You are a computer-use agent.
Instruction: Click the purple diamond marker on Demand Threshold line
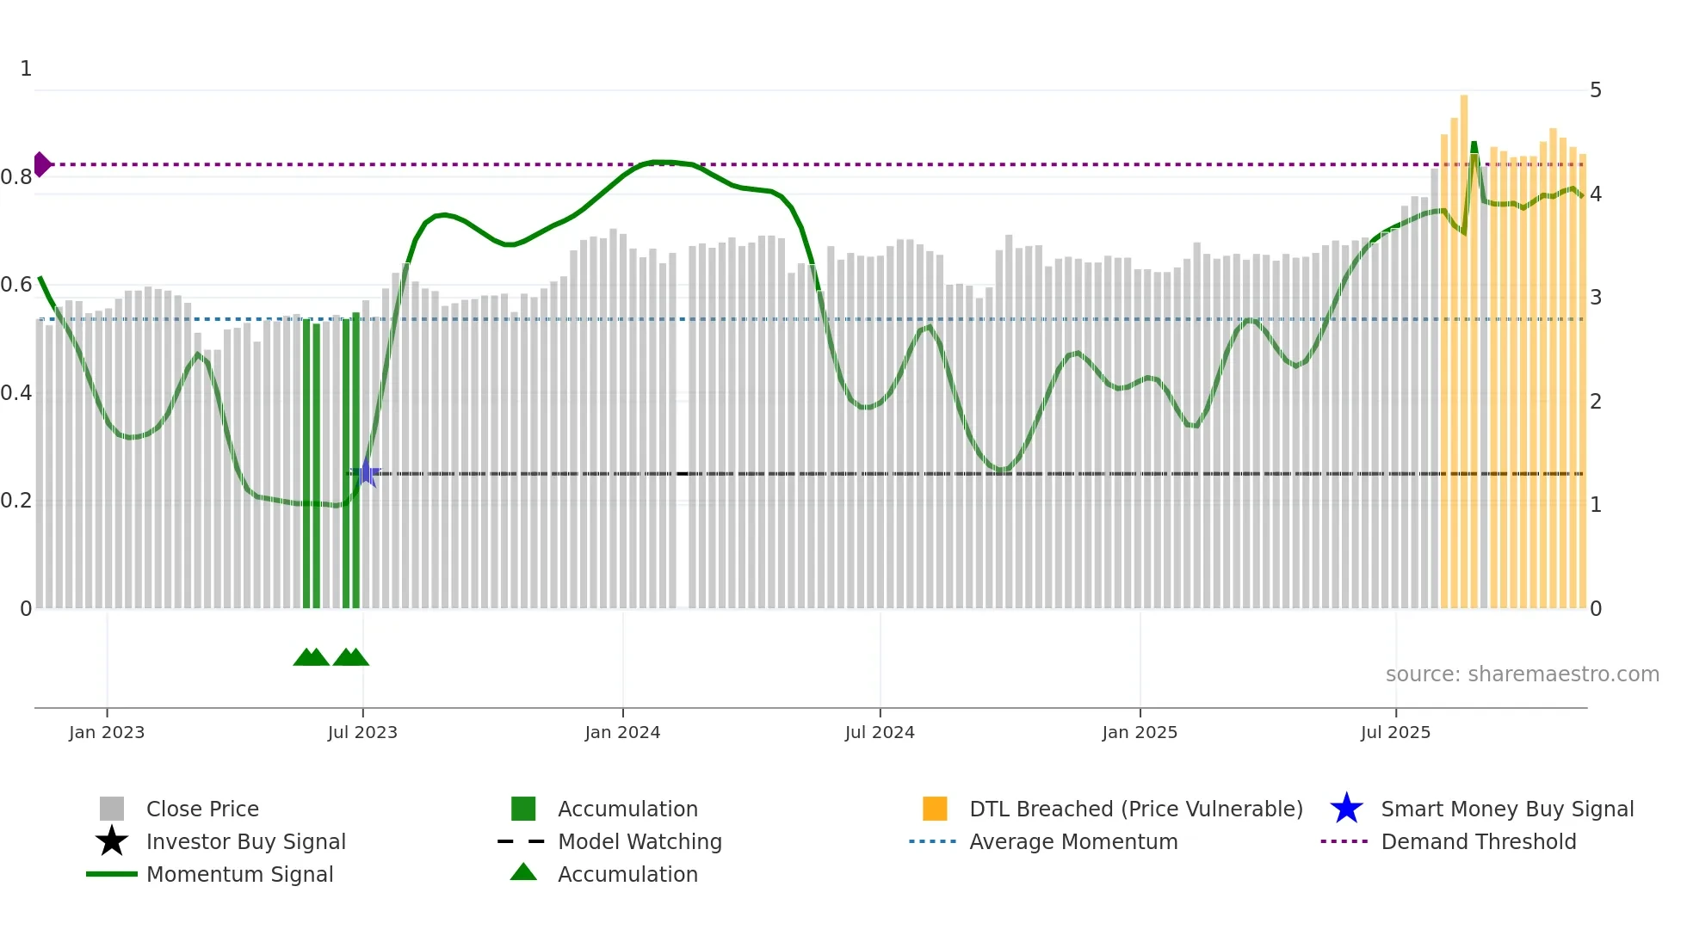(41, 164)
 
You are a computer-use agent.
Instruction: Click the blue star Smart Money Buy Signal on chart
(367, 473)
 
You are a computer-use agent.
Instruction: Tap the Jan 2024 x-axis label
(622, 732)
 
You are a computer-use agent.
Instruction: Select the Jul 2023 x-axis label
(362, 732)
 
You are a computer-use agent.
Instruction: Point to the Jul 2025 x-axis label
(1395, 732)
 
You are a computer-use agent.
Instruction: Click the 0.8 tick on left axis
(16, 177)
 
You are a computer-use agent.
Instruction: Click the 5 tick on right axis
(1596, 90)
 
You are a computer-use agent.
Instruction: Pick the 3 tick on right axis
(1596, 298)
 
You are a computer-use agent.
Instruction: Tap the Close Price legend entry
(202, 809)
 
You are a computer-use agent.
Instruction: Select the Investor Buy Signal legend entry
(245, 841)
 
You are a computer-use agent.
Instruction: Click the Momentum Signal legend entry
(239, 874)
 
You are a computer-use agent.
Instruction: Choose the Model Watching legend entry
(640, 841)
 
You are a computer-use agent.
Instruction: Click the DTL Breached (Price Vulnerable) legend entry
(1135, 809)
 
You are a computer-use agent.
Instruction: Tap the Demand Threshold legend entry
(1478, 841)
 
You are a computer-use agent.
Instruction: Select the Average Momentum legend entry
(1073, 841)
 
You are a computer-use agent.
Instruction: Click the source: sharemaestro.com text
(1522, 674)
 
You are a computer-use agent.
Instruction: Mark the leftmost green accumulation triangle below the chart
(305, 658)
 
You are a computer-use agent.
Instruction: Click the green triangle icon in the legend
(523, 872)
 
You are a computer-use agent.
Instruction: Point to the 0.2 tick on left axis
(16, 501)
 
